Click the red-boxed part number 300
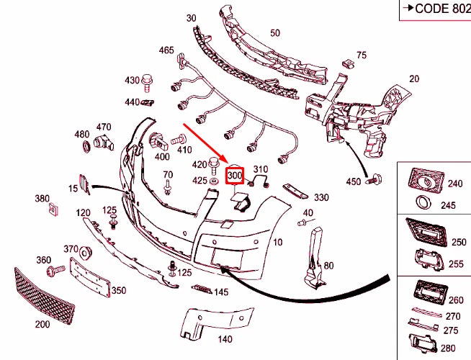[235, 175]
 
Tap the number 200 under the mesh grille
[42, 324]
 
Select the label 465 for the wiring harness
[166, 50]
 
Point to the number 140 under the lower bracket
[225, 339]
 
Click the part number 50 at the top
[275, 33]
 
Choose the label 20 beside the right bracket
[413, 79]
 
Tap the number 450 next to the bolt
[353, 181]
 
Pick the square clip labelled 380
[53, 210]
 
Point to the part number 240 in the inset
[454, 184]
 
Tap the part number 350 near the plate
[118, 291]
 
